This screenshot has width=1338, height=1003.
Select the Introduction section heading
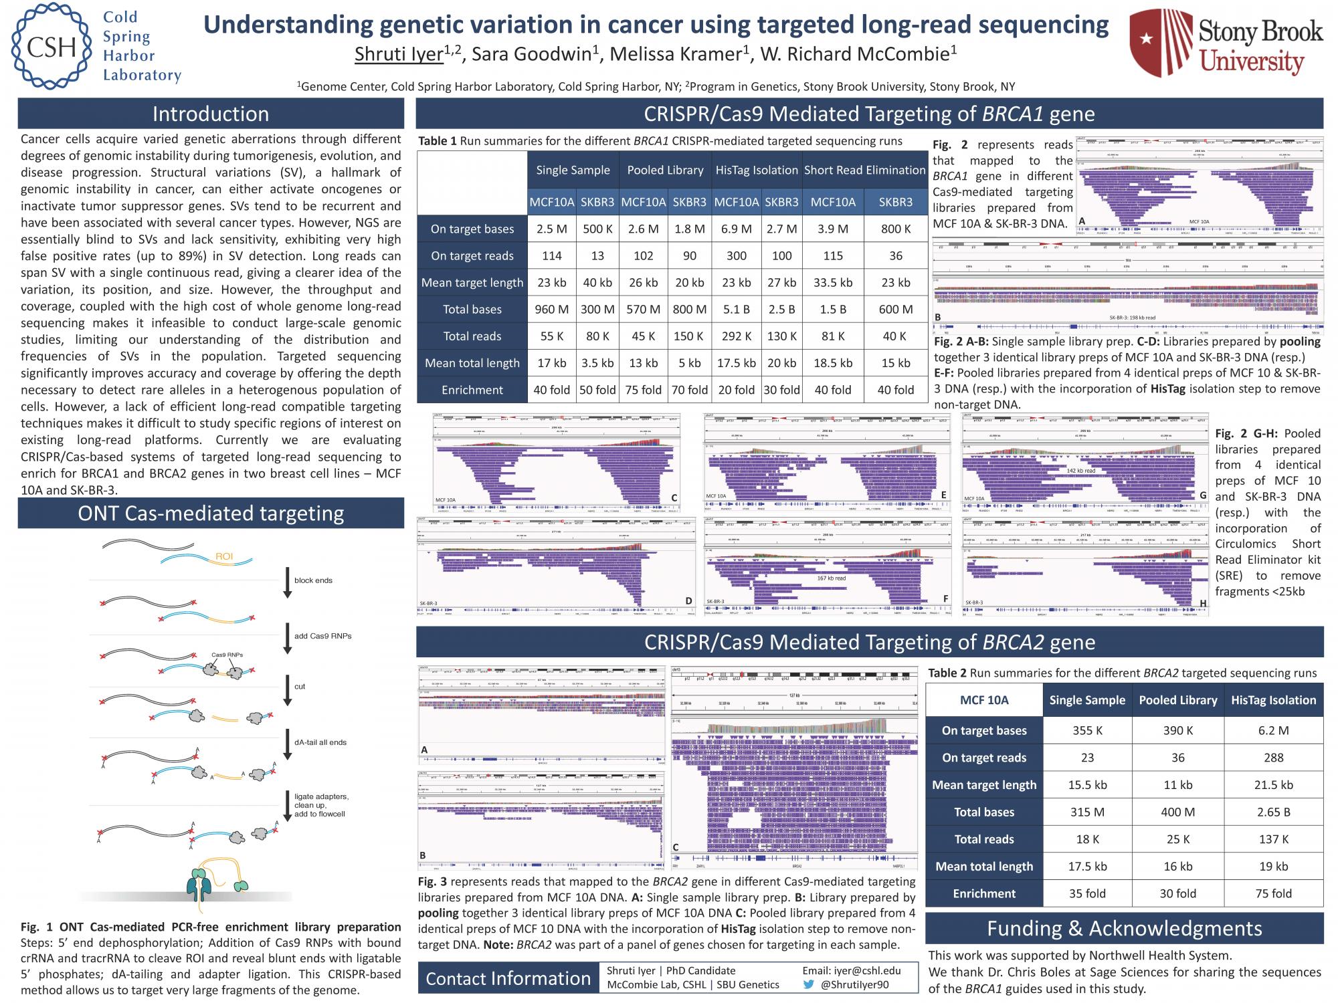pyautogui.click(x=211, y=114)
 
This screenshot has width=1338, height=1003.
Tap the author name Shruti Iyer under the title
pyautogui.click(x=399, y=54)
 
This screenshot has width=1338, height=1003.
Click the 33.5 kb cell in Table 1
pyautogui.click(x=833, y=282)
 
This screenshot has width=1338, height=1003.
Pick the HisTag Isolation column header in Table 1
pyautogui.click(x=757, y=170)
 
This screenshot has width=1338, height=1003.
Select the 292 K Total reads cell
pyautogui.click(x=736, y=336)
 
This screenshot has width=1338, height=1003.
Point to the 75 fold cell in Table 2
pyautogui.click(x=1273, y=893)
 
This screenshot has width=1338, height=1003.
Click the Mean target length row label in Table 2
pyautogui.click(x=983, y=785)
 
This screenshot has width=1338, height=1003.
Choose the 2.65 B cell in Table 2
pyautogui.click(x=1273, y=812)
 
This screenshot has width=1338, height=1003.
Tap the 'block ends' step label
pyautogui.click(x=313, y=580)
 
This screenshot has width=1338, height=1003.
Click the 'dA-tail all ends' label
pyautogui.click(x=320, y=742)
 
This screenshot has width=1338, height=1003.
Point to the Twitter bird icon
pyautogui.click(x=808, y=984)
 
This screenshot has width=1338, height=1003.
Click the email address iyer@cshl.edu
pyautogui.click(x=851, y=970)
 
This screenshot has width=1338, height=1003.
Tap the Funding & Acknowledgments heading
pyautogui.click(x=1124, y=928)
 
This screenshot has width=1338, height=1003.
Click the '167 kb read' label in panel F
pyautogui.click(x=832, y=578)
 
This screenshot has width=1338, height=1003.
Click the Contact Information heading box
pyautogui.click(x=508, y=978)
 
